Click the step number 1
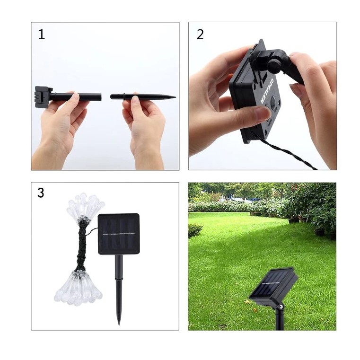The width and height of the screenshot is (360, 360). [42, 35]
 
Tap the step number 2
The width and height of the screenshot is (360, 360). [200, 35]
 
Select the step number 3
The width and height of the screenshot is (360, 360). [41, 193]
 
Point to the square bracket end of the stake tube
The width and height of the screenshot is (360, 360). [41, 97]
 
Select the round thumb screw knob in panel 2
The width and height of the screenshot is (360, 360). [273, 63]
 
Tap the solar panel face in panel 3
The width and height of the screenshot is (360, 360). [119, 234]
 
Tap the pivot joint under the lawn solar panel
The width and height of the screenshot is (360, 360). [280, 306]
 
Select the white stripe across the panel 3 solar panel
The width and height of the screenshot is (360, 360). [119, 234]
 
